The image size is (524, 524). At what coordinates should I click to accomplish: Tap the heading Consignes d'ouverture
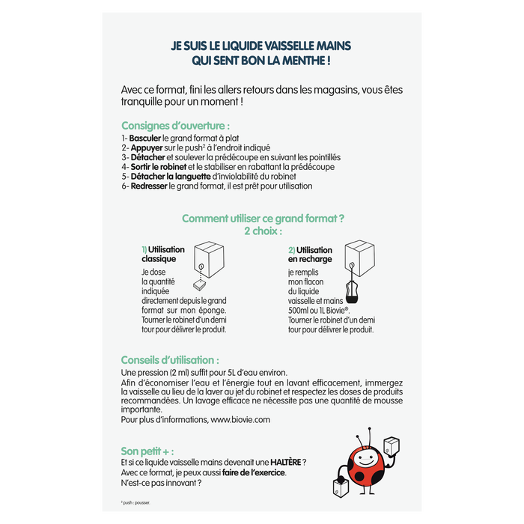pos(175,125)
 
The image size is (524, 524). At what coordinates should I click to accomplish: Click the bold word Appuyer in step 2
pos(147,148)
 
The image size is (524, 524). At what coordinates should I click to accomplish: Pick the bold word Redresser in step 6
pos(149,186)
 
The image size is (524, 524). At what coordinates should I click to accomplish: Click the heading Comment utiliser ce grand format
pos(263,219)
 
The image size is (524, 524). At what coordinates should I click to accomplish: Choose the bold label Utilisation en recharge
pos(310,255)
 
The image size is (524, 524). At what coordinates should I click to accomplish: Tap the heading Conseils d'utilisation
pos(170,359)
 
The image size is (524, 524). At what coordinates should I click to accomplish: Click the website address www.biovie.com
pos(240,420)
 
